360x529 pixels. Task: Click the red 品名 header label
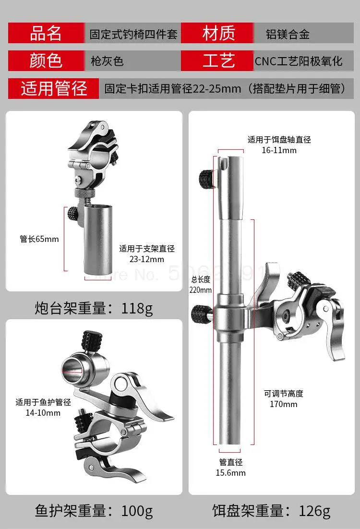pos(46,34)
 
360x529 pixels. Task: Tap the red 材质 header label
pos(218,34)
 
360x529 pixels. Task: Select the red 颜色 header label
pos(46,61)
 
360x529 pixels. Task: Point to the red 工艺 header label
pos(218,61)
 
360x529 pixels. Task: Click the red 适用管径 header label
pos(54,89)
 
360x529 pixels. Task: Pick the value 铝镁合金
pos(288,35)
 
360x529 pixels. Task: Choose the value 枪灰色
pos(107,61)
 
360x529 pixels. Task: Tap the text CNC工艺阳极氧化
pos(298,61)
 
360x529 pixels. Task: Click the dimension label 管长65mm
pos(39,239)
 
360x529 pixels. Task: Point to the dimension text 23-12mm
pos(147,259)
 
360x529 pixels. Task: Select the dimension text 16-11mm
pos(279,150)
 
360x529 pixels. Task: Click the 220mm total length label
pos(201,289)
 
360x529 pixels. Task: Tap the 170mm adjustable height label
pos(283,404)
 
